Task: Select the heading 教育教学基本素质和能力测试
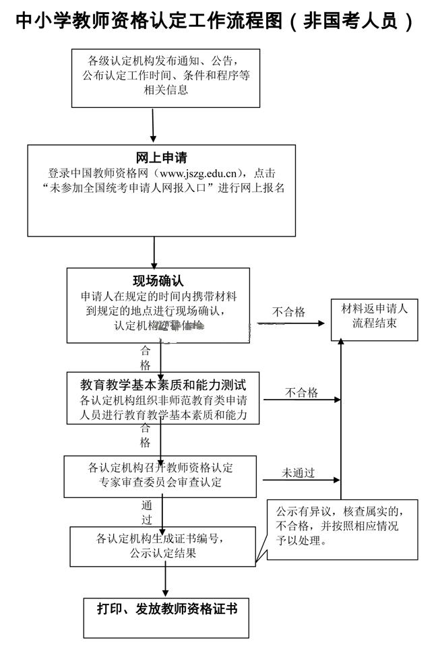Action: point(163,385)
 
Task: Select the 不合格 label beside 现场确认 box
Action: point(288,312)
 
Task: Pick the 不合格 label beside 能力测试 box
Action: point(301,393)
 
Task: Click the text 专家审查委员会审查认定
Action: point(160,482)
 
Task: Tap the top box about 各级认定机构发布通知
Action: point(166,78)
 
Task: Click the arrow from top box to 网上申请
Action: point(154,125)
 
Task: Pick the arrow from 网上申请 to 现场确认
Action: point(154,252)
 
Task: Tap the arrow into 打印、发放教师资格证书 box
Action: point(166,580)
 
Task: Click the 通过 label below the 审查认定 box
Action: point(147,512)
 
